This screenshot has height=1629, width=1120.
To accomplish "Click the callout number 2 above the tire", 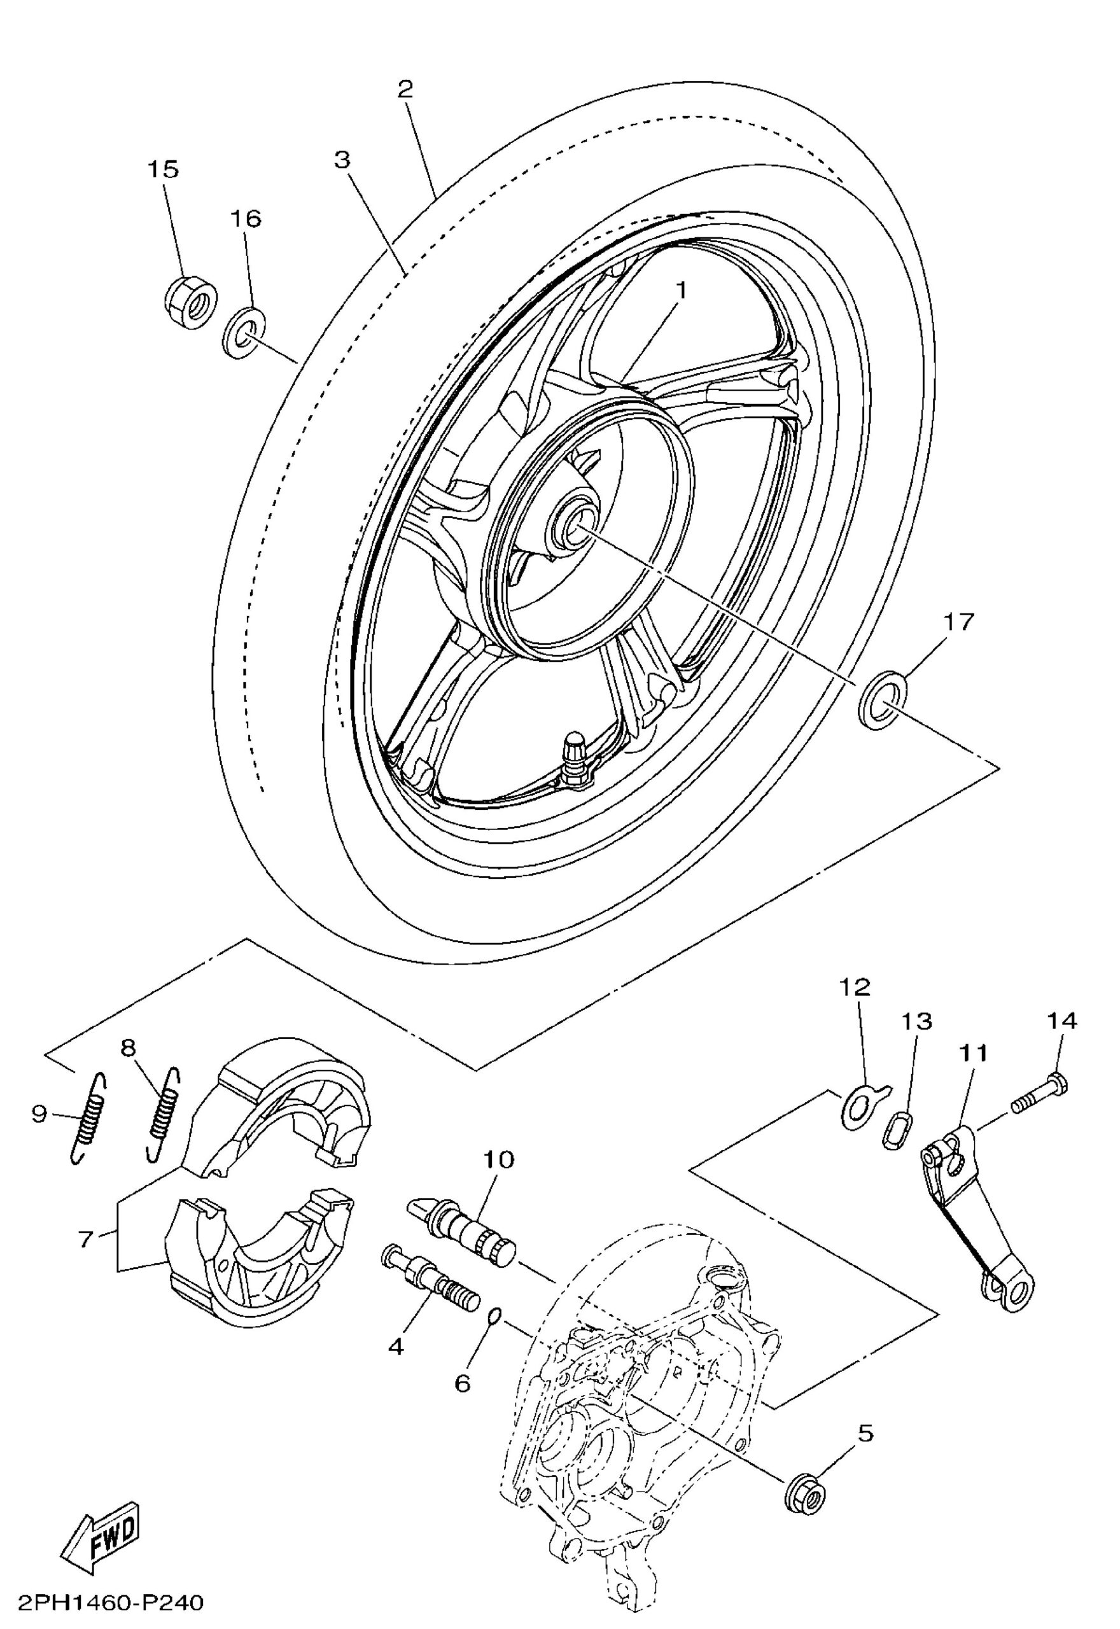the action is [x=405, y=89].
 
